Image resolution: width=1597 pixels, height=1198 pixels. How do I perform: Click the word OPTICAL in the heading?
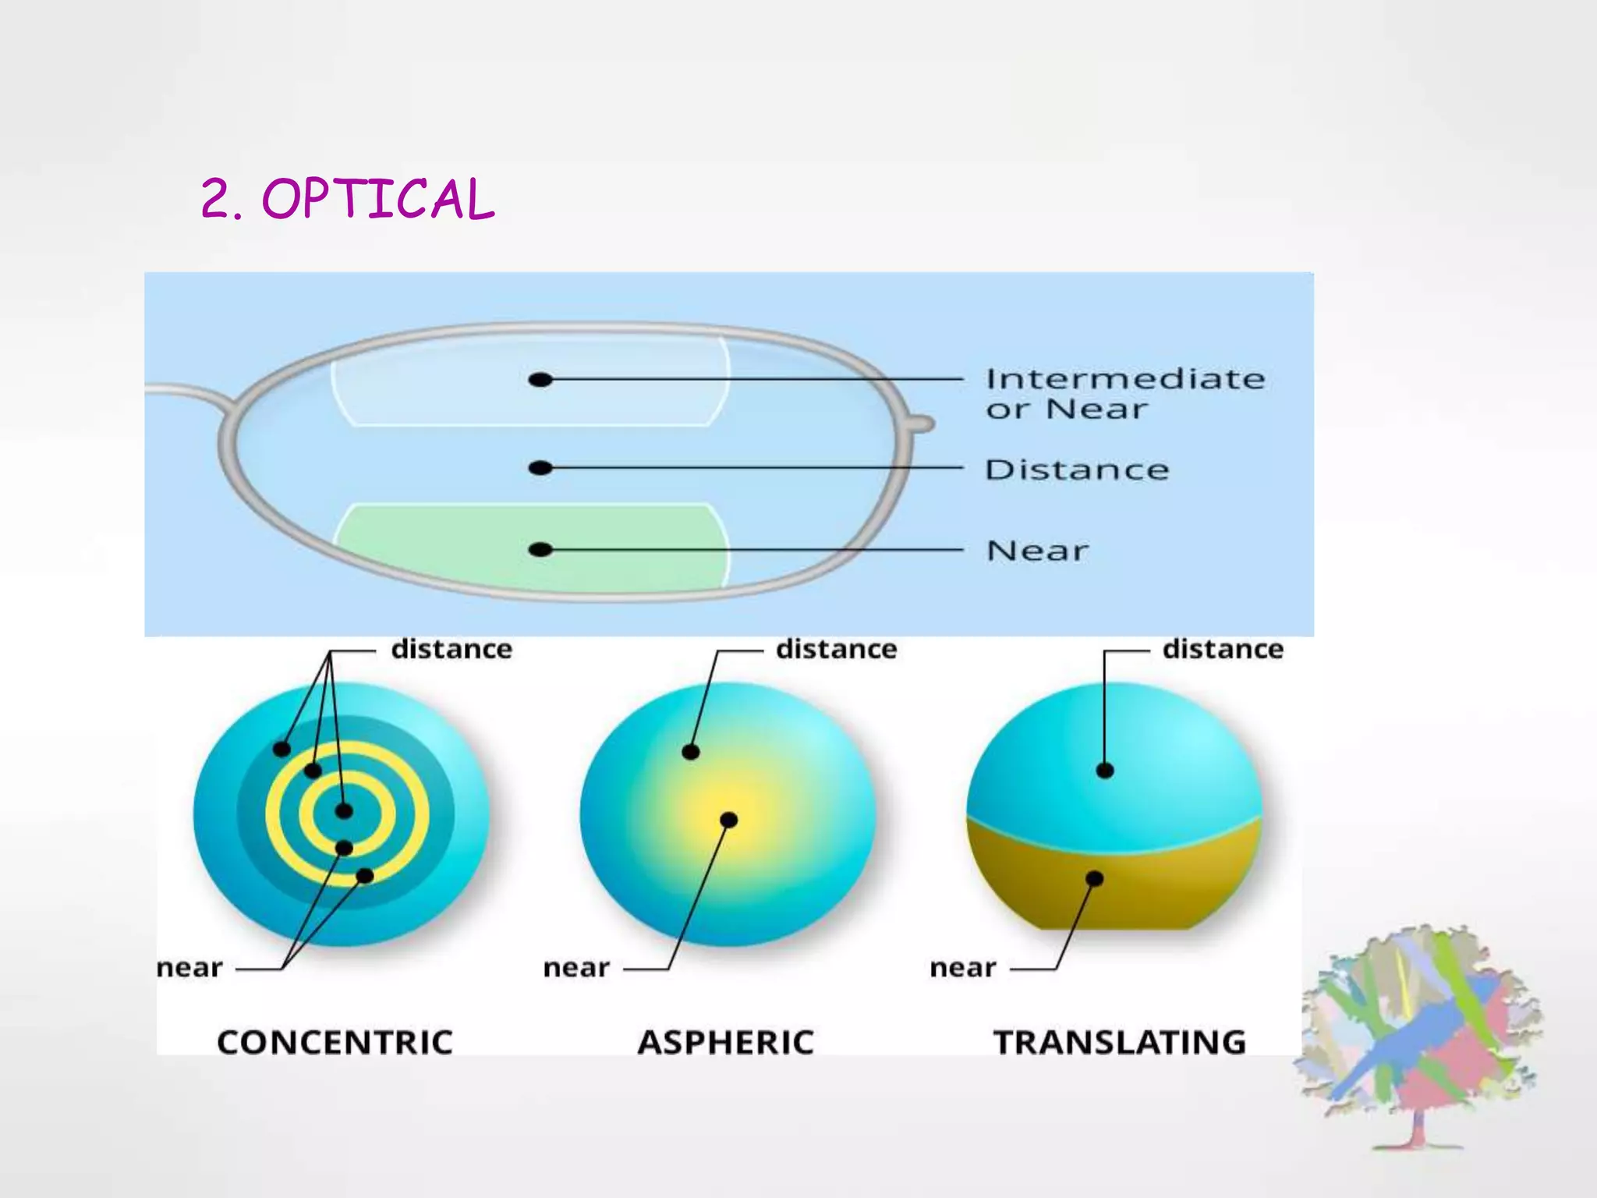pos(378,199)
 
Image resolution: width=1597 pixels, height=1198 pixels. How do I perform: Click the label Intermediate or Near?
pos(1124,394)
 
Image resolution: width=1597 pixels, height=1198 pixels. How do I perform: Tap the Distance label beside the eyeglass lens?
pos(1077,470)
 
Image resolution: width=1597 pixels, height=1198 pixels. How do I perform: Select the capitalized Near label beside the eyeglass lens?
pos(1037,551)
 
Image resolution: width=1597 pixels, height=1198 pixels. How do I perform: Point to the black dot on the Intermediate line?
pos(540,380)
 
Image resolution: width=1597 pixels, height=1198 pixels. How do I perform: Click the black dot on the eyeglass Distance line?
pos(540,468)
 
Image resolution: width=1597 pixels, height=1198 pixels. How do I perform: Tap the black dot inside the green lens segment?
pos(540,550)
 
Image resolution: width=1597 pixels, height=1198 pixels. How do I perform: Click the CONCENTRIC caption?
pos(335,1043)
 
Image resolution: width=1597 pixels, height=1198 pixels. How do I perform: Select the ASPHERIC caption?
pos(726,1043)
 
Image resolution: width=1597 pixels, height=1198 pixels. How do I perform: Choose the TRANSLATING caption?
pos(1120,1043)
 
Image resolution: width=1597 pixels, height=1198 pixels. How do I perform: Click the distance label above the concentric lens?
pos(451,649)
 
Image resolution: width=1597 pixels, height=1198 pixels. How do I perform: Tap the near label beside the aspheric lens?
pos(576,968)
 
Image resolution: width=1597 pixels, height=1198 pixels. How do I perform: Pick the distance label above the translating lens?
pos(1223,649)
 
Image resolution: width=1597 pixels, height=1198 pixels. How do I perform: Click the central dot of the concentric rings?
pos(344,811)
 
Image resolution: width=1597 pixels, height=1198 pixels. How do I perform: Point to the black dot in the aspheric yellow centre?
pos(728,820)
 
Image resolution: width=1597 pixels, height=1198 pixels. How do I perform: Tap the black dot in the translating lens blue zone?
pos(1105,771)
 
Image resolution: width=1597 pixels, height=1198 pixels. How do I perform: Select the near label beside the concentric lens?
pos(189,968)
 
